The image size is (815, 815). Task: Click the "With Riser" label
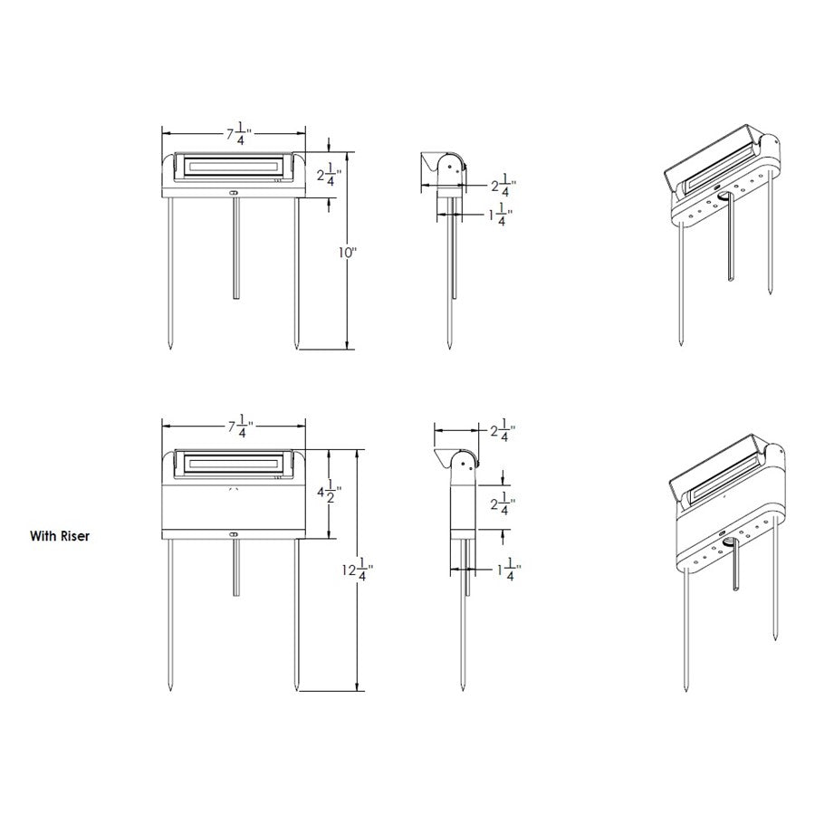(x=59, y=535)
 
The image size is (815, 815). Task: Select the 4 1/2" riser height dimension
(x=332, y=494)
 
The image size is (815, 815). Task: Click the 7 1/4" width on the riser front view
(x=238, y=426)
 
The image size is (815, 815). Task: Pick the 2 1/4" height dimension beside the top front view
(x=332, y=173)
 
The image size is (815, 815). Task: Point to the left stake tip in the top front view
(x=171, y=344)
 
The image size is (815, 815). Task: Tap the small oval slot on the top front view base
(x=234, y=192)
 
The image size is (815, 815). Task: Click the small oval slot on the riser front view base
(x=234, y=534)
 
